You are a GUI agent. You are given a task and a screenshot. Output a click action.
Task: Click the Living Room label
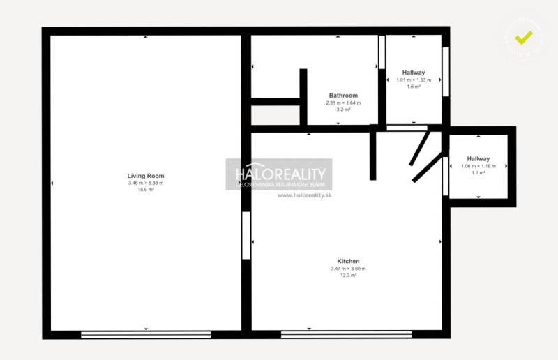145,176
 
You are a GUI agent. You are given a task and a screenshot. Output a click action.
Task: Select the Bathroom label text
343,96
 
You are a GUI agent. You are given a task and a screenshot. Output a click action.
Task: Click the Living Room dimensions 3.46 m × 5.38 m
145,183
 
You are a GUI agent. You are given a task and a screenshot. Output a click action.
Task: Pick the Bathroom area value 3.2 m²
343,110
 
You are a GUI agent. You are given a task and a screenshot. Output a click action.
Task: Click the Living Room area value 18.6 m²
145,190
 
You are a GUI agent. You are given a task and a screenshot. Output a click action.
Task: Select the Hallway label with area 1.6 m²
414,73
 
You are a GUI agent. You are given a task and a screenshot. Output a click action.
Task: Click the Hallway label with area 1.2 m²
478,159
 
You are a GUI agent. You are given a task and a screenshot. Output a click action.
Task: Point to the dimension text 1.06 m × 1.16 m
478,166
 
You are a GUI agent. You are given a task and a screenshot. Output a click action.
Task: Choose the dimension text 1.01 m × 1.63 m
414,80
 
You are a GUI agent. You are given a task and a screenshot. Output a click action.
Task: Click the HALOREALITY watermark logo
279,174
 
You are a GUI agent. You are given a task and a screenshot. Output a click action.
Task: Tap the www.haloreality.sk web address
304,195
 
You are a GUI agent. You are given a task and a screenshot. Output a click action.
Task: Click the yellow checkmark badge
524,36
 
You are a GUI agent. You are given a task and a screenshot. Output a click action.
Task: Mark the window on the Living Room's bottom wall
146,335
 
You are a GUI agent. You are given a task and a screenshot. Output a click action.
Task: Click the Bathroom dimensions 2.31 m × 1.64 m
343,103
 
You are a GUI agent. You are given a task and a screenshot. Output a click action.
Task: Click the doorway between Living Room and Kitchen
246,235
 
